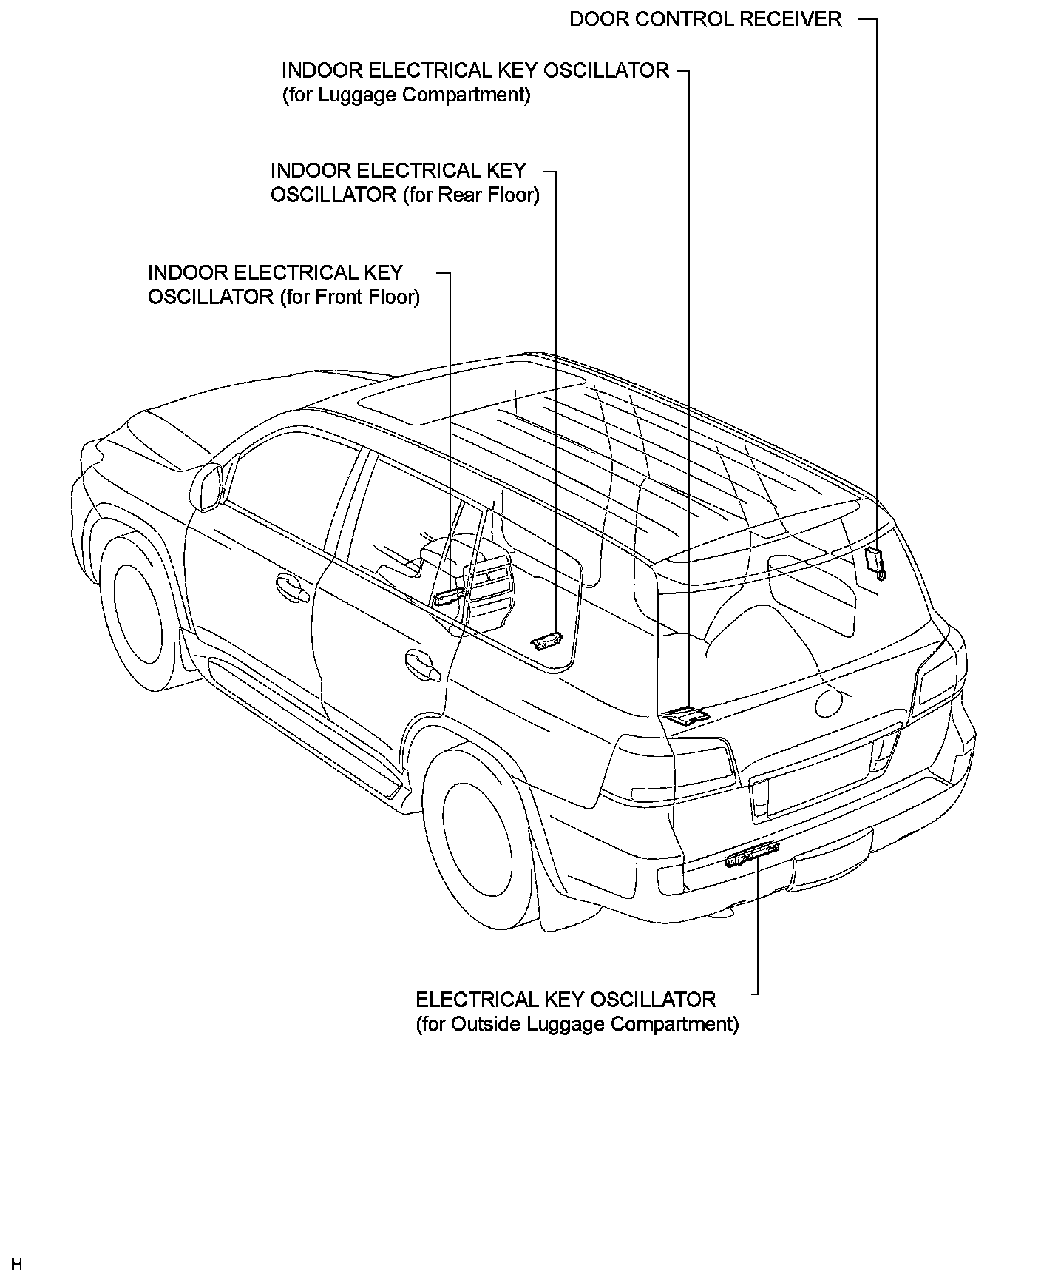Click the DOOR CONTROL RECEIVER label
coord(705,19)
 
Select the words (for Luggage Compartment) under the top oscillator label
coord(406,95)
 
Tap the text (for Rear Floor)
coord(471,195)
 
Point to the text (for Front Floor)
coord(350,297)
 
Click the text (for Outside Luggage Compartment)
coord(577,1024)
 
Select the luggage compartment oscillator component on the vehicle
coord(685,715)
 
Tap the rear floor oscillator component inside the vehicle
coord(547,641)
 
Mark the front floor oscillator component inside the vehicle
coord(450,596)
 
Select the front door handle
coord(293,587)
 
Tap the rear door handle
coord(422,664)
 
